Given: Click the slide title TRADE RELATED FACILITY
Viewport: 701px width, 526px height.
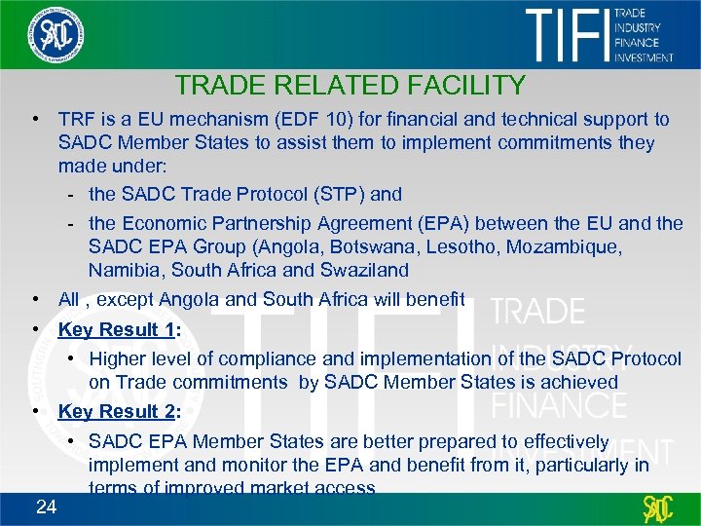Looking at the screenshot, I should (350, 86).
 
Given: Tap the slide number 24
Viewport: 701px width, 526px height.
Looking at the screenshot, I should (45, 506).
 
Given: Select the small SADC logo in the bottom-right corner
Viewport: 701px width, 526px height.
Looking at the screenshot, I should (658, 507).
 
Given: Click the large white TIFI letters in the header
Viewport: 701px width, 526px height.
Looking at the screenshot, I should (566, 35).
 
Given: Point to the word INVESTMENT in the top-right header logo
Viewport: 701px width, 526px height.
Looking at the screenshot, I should (644, 57).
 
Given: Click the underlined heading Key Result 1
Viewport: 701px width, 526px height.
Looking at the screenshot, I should (116, 329).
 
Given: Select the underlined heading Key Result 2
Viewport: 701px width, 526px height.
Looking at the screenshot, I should (116, 411).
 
